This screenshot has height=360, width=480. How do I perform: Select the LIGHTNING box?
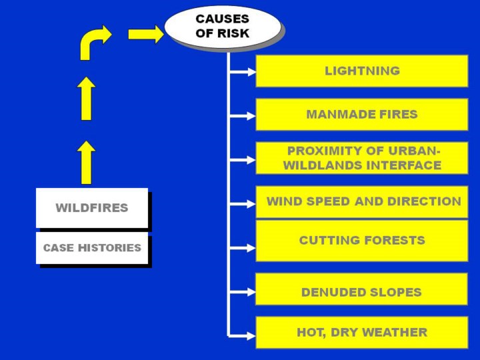361,71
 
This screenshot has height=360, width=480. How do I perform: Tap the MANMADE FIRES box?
361,114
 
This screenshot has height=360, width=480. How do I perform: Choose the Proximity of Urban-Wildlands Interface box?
361,158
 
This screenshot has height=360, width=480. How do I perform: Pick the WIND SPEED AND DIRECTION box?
361,201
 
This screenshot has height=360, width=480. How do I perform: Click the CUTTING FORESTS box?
361,240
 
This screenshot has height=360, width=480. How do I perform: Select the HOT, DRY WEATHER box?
361,332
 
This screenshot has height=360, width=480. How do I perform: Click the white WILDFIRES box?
91,207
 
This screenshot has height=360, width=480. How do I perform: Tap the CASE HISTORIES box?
91,248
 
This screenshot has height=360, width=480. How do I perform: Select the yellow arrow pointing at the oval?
145,34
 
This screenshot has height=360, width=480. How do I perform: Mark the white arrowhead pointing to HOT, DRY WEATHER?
251,335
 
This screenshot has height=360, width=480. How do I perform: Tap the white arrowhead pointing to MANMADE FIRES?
251,116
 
